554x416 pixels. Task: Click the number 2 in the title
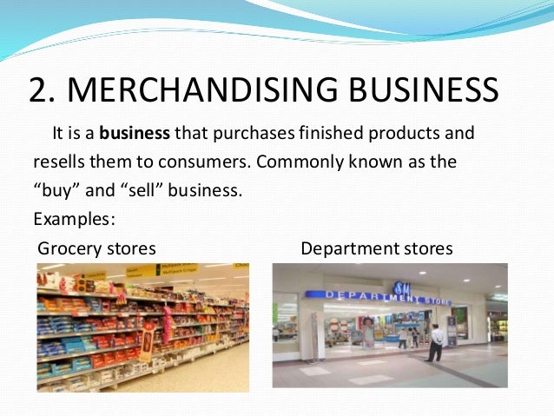(38, 91)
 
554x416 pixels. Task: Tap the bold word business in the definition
(135, 135)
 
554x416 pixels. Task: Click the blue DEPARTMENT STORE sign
(390, 297)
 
